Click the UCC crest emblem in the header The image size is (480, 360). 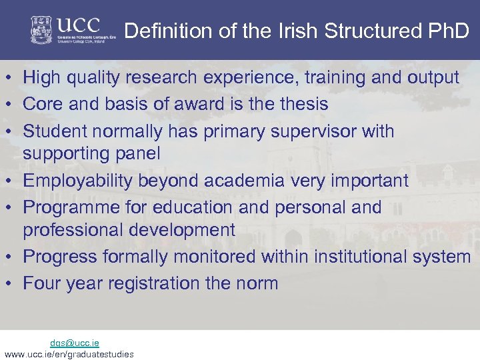(42, 29)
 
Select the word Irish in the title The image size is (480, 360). (299, 31)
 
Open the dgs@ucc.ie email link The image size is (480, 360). (75, 343)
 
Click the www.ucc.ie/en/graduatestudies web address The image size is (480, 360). (69, 353)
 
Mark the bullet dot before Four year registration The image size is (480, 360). (10, 283)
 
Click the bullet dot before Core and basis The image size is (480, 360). (10, 105)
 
